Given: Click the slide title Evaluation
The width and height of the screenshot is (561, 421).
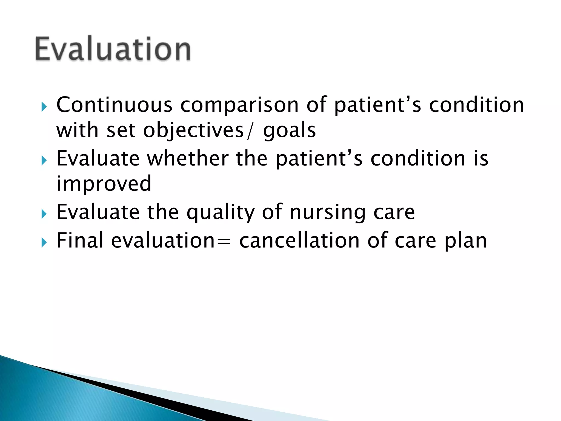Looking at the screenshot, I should tap(113, 49).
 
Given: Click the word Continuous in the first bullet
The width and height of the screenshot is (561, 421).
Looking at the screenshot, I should tap(114, 105).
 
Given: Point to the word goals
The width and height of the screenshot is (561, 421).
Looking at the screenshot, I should tap(289, 131).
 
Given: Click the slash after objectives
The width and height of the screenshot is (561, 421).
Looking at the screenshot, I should tap(249, 131).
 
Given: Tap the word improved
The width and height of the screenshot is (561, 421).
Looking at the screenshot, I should tap(104, 184).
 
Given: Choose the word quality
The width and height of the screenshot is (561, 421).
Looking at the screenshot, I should tap(221, 212).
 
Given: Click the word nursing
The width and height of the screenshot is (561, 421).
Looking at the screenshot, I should tap(328, 212).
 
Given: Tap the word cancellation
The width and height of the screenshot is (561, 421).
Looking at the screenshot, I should tap(299, 240).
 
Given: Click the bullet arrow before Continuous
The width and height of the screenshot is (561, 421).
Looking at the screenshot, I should tap(44, 107).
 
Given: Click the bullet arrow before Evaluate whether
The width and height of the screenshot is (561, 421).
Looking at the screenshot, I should tap(44, 160).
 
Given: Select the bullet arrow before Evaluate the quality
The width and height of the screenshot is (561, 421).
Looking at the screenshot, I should tap(44, 214).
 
